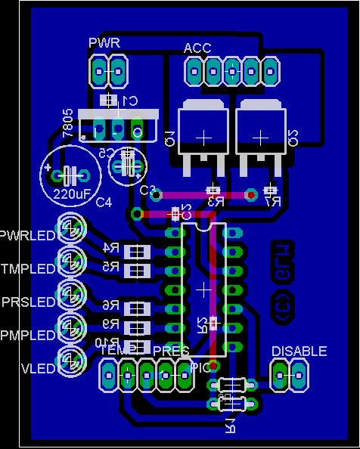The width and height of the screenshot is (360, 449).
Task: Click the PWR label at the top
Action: click(x=104, y=42)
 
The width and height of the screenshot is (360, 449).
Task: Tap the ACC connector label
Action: click(x=197, y=48)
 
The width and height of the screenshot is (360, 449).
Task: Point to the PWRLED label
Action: click(x=28, y=235)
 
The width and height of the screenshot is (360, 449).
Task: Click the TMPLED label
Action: click(x=28, y=268)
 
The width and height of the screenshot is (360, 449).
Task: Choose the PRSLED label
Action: click(x=29, y=302)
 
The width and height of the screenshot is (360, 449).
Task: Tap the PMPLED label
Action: click(x=28, y=335)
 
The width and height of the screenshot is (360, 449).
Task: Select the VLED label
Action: click(x=37, y=368)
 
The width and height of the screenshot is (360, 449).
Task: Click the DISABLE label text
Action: click(x=299, y=351)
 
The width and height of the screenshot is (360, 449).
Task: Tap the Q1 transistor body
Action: click(x=203, y=136)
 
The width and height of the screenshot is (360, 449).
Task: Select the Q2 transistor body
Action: click(x=261, y=136)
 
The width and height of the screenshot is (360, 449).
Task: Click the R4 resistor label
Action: click(x=110, y=248)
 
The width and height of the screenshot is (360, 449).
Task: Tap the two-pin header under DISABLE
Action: click(x=289, y=373)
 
